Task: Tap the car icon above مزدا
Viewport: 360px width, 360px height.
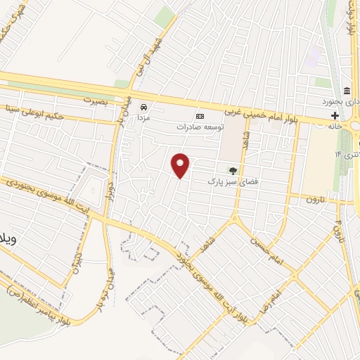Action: [x=143, y=107]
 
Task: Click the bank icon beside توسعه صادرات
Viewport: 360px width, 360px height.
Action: [x=200, y=116]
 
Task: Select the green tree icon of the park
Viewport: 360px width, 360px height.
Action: [x=233, y=170]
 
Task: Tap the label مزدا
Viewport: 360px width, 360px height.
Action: [x=143, y=119]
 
